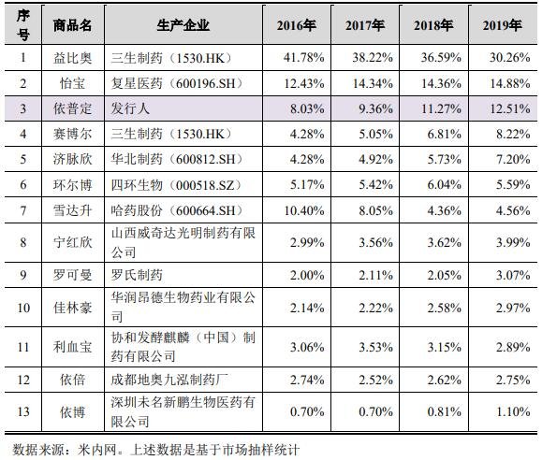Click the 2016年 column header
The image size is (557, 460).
(x=299, y=25)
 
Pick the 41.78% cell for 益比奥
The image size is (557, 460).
(x=300, y=58)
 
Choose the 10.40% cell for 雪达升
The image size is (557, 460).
(x=300, y=210)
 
